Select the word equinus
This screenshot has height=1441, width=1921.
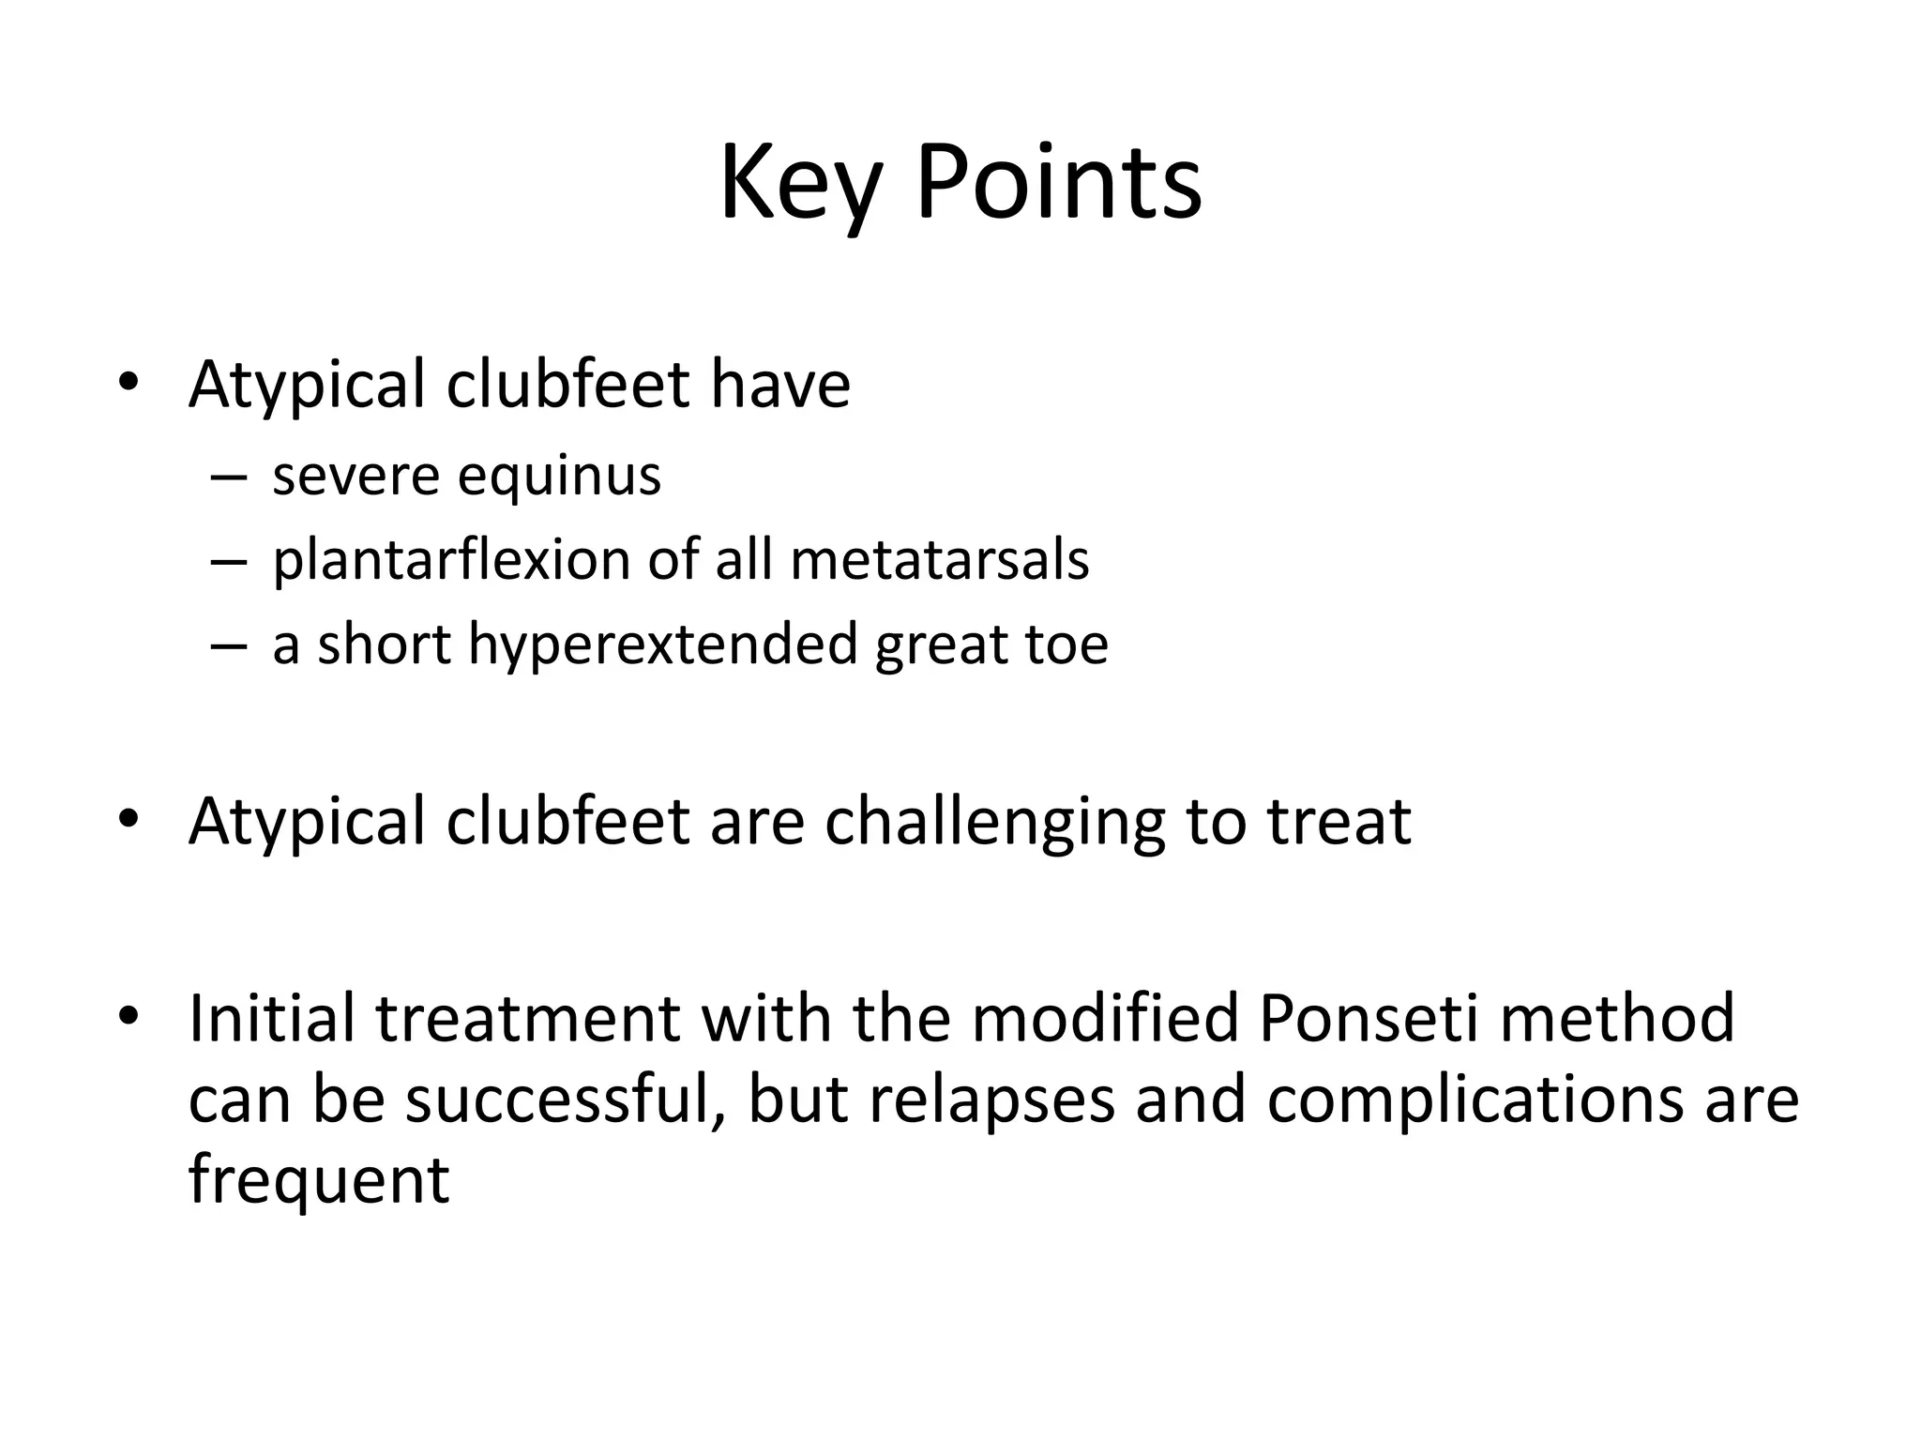[x=559, y=477]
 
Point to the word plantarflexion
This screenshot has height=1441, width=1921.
[x=450, y=561]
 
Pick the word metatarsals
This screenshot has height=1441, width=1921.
[x=940, y=560]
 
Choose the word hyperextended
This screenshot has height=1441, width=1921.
[x=662, y=645]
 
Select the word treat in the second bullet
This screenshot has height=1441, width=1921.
[x=1339, y=821]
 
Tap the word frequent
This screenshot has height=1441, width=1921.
[x=319, y=1180]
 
